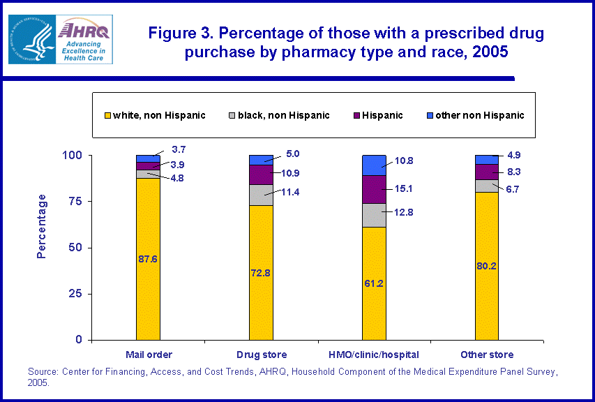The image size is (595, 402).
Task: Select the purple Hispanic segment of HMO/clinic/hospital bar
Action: [x=374, y=188]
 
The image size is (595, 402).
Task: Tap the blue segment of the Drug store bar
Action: [x=262, y=160]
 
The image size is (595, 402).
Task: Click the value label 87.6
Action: [x=148, y=259]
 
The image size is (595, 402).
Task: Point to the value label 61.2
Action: [x=374, y=283]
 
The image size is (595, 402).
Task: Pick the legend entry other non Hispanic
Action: [x=479, y=115]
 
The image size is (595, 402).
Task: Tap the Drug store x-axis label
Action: [x=261, y=355]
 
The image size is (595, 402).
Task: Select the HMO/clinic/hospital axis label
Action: [x=374, y=355]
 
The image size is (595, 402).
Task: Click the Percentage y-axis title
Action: [x=43, y=225]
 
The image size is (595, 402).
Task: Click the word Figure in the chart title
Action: [x=172, y=33]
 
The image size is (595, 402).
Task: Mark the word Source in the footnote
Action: [x=43, y=371]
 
